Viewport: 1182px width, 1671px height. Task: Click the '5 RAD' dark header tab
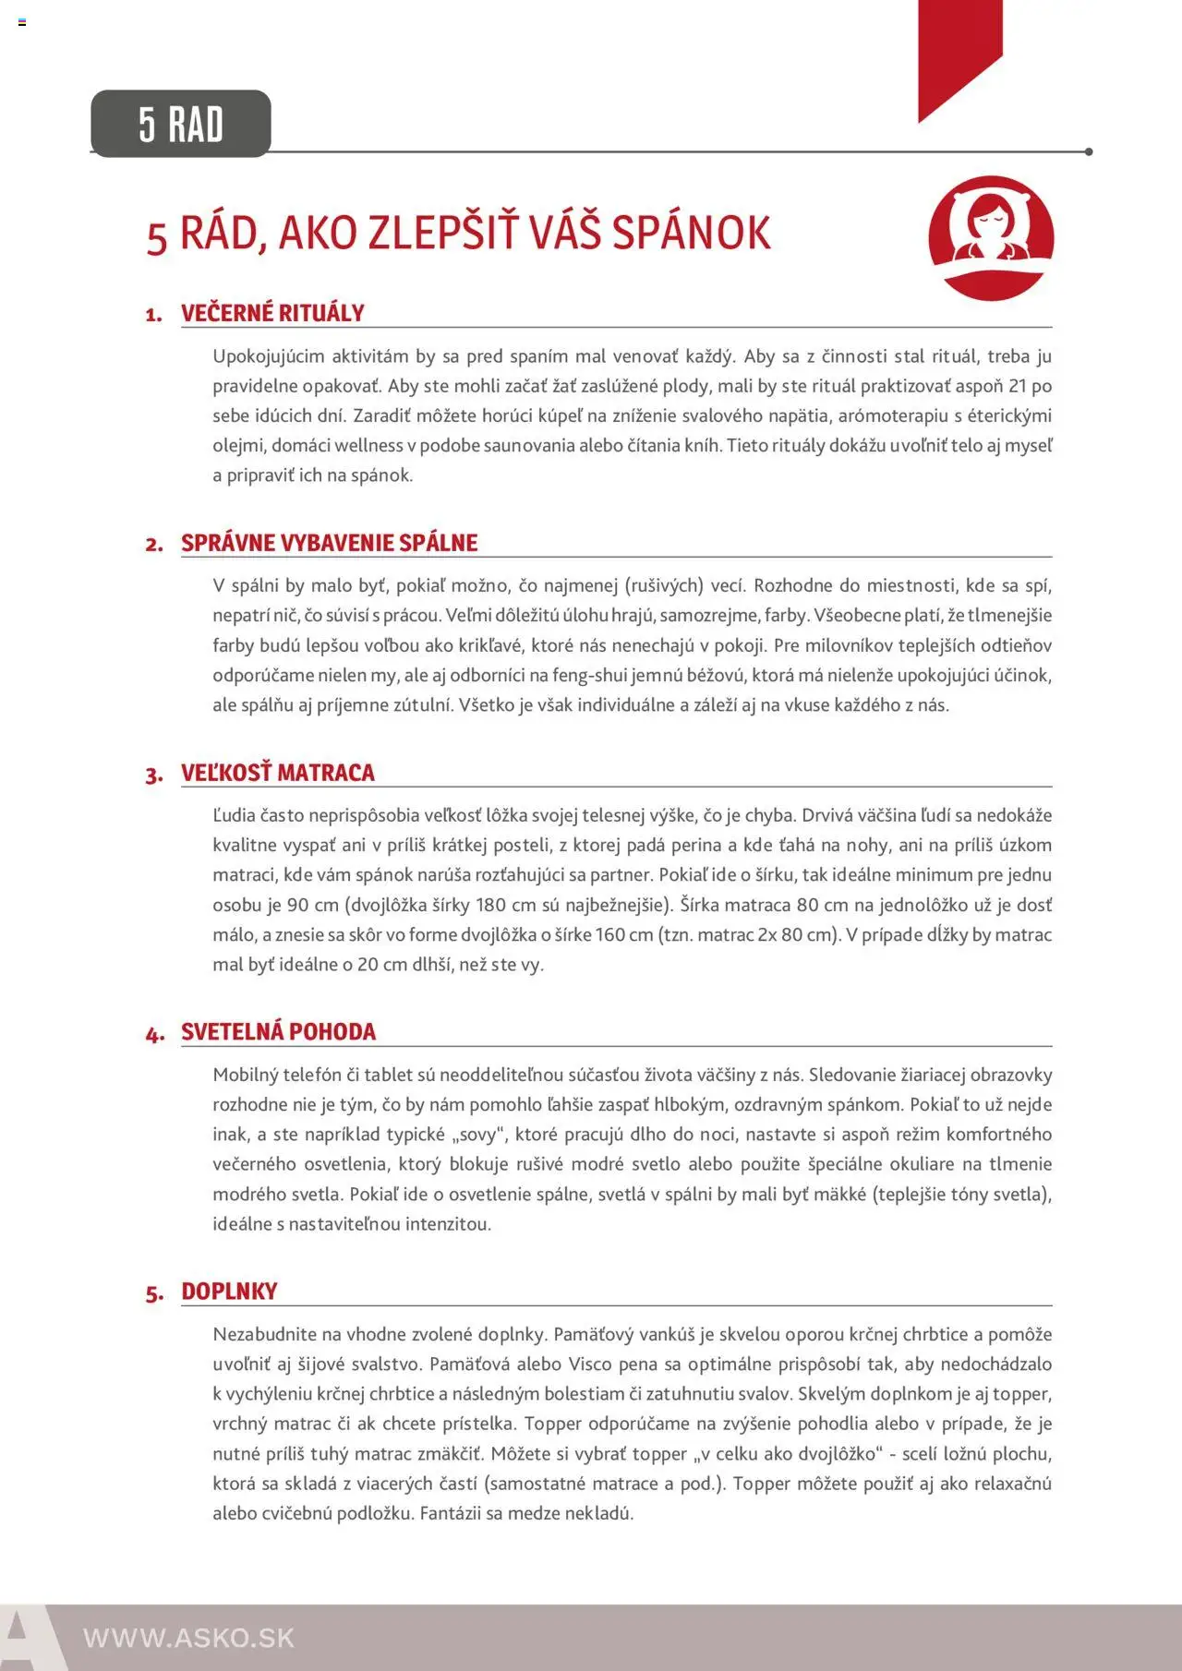(x=181, y=124)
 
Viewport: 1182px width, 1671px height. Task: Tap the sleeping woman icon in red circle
(x=991, y=237)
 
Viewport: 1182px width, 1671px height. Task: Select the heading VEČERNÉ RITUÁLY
(x=272, y=313)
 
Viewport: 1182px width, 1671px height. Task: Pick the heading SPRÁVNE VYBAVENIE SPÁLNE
(x=329, y=543)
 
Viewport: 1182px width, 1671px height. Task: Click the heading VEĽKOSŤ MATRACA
(x=277, y=773)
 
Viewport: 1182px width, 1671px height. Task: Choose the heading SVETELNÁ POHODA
(x=278, y=1032)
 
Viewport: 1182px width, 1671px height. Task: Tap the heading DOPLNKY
(x=229, y=1292)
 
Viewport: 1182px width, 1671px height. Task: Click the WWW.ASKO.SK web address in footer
(x=188, y=1638)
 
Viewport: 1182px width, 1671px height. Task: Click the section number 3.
(x=153, y=775)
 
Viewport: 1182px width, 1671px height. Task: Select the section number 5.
(x=154, y=1293)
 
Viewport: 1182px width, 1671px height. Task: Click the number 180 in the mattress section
(x=490, y=905)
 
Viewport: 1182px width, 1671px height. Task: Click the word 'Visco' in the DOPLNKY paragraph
(x=589, y=1364)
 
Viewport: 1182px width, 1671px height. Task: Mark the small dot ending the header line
(x=1089, y=151)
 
